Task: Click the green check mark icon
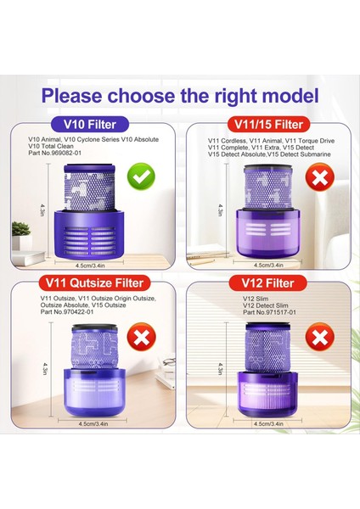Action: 141,176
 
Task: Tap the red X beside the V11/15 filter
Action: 320,177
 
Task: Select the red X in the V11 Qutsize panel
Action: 141,337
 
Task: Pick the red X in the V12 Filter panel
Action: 320,337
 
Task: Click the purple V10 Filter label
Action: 90,125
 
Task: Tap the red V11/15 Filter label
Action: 268,125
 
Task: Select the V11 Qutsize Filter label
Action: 94,282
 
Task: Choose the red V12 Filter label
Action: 268,283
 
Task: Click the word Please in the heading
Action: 72,96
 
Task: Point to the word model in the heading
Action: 290,96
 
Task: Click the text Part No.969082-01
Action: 54,153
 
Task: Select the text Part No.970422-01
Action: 67,311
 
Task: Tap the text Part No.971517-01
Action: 270,312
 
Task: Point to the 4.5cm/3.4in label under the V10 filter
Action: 90,266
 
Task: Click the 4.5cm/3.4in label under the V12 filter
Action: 268,423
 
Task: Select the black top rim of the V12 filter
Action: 267,325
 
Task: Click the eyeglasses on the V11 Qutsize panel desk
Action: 169,361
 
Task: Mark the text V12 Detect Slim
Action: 266,305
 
